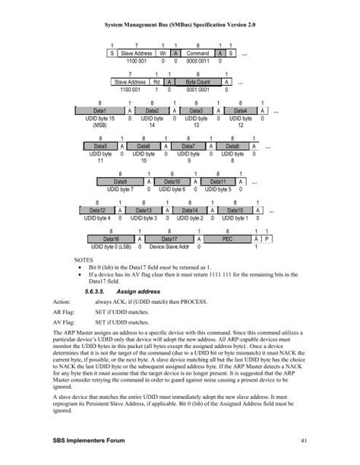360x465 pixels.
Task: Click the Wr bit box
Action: (x=163, y=54)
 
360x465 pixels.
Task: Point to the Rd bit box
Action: (x=156, y=81)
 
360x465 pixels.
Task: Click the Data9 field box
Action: (x=120, y=182)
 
